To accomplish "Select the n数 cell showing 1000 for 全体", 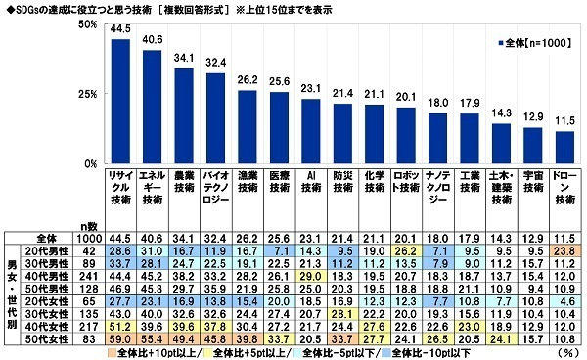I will click(x=87, y=237).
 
